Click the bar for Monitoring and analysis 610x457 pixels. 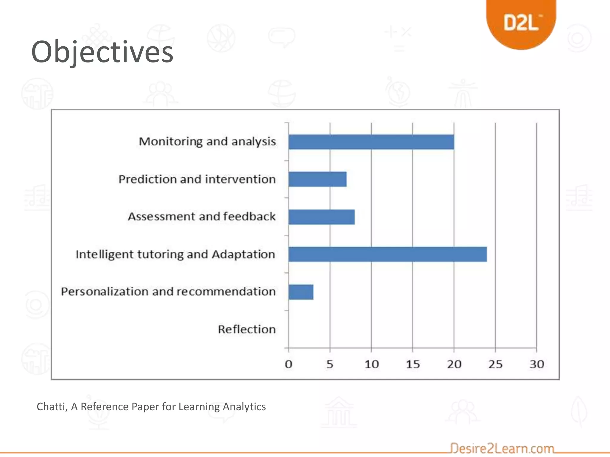pyautogui.click(x=371, y=142)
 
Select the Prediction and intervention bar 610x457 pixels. pyautogui.click(x=318, y=179)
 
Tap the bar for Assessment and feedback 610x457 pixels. pyautogui.click(x=321, y=217)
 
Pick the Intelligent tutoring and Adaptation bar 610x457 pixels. pyautogui.click(x=387, y=254)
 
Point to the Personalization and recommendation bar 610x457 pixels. pyautogui.click(x=301, y=292)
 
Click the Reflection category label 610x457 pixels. pyautogui.click(x=247, y=329)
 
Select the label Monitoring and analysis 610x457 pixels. pyautogui.click(x=207, y=142)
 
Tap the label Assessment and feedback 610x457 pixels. pyautogui.click(x=202, y=217)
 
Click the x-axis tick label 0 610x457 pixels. pyautogui.click(x=288, y=364)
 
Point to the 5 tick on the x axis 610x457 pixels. pyautogui.click(x=330, y=364)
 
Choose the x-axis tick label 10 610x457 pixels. pyautogui.click(x=371, y=364)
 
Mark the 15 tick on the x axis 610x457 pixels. pyautogui.click(x=413, y=364)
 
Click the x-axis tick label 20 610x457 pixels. pyautogui.click(x=454, y=364)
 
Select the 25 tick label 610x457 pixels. pyautogui.click(x=495, y=364)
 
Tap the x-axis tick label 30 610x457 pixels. pyautogui.click(x=537, y=364)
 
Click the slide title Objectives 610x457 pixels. pyautogui.click(x=102, y=52)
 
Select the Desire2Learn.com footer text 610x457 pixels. pyautogui.click(x=502, y=448)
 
